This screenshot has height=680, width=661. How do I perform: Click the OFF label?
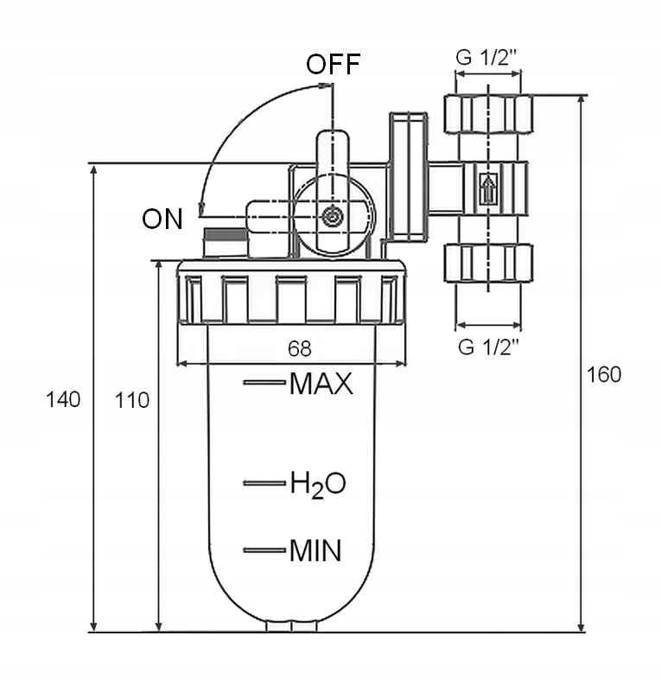333,65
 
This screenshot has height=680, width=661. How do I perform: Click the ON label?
162,219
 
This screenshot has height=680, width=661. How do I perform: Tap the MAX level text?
321,383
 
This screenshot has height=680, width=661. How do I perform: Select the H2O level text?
317,484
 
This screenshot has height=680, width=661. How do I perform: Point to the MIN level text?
315,550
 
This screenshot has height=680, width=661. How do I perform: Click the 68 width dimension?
299,349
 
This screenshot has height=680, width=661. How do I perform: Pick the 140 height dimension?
63,399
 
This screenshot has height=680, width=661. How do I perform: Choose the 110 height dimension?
132,400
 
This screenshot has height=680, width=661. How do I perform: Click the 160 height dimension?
604,375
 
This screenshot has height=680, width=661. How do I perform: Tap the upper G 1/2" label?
488,59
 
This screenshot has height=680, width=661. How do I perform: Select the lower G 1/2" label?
488,347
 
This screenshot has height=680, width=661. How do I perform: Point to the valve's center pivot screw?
332,216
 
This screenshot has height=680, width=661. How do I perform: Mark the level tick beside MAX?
264,382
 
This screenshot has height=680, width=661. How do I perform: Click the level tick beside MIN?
264,550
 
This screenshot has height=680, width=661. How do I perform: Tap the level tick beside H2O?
264,483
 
